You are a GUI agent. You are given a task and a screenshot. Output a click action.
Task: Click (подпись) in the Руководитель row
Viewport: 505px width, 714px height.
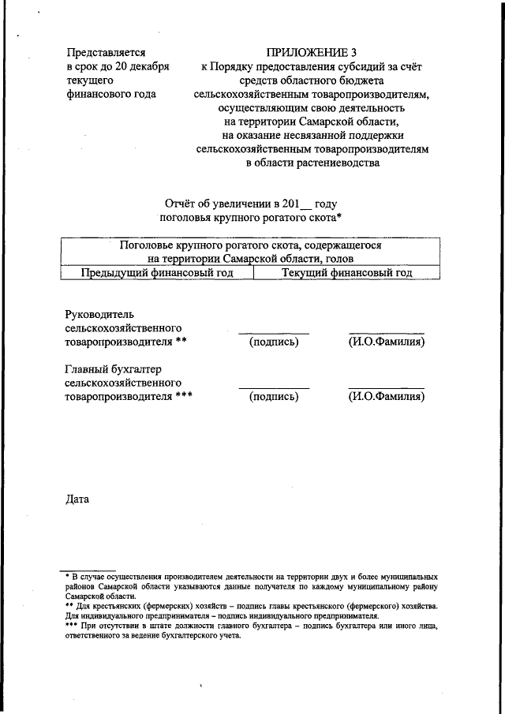pyautogui.click(x=274, y=343)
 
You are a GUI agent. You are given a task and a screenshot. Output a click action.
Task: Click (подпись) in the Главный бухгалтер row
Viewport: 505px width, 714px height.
pyautogui.click(x=274, y=397)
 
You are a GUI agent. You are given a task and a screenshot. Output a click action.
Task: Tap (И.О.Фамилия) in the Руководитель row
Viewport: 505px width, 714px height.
pyautogui.click(x=387, y=343)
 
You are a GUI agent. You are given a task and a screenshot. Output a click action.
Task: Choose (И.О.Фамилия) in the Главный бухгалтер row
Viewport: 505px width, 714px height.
pyautogui.click(x=387, y=397)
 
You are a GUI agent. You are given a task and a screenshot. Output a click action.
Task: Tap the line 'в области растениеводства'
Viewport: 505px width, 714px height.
pyautogui.click(x=312, y=163)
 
